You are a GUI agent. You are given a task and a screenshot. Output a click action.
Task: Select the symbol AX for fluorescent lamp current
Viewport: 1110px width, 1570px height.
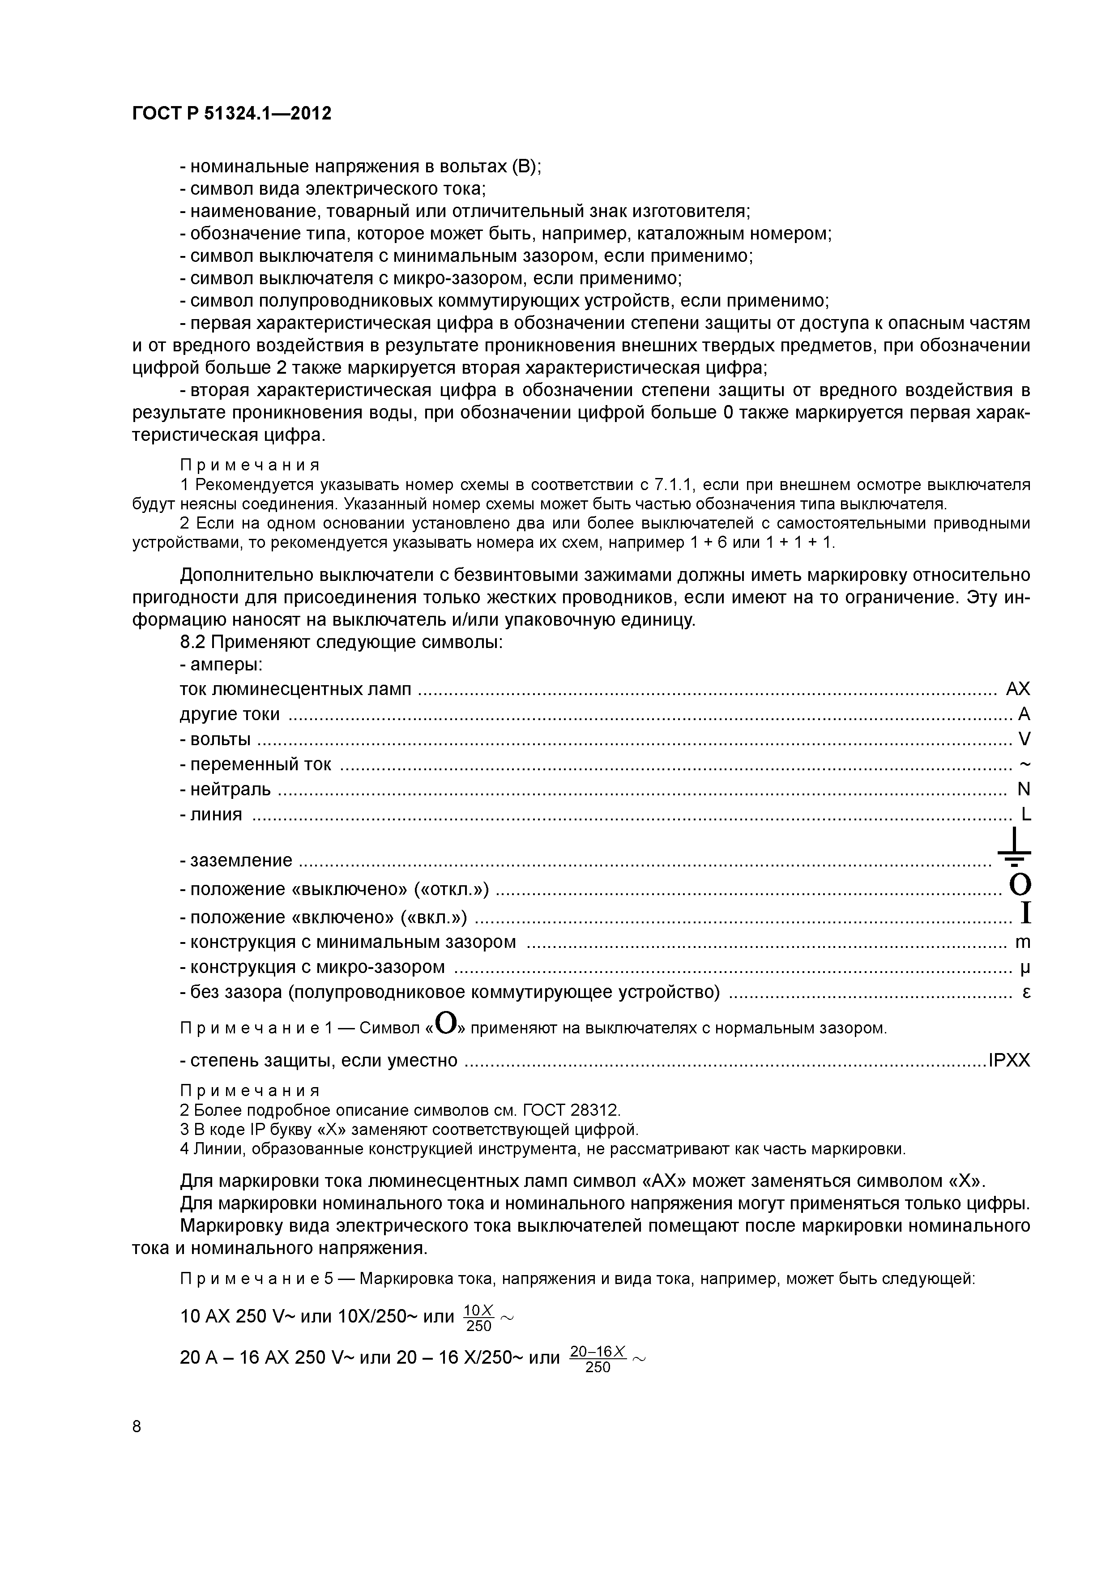(1018, 689)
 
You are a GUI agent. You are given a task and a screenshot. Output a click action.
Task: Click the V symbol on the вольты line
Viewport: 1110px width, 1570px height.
(1024, 739)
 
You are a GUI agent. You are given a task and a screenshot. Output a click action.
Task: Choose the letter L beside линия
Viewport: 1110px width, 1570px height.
(1025, 815)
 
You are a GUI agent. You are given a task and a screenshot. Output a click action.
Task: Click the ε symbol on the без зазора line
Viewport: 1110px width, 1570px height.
(1026, 992)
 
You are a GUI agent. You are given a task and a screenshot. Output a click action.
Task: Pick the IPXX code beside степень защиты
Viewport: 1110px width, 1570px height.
(1009, 1061)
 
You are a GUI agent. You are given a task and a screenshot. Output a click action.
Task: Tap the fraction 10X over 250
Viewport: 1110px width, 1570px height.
(478, 1318)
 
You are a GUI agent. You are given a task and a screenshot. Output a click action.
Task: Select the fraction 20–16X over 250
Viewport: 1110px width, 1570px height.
(598, 1359)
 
